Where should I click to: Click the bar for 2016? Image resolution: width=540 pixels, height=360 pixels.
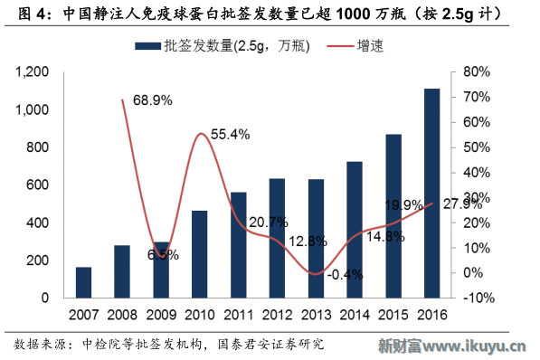pos(432,193)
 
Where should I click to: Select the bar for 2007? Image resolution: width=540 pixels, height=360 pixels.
pos(82,281)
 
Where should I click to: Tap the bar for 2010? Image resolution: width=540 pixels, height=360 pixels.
pos(199,253)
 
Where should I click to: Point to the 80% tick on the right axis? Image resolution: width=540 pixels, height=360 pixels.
pos(476,71)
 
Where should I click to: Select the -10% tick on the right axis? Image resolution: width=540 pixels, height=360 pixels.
pos(476,298)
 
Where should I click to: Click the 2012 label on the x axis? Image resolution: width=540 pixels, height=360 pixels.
pos(277,315)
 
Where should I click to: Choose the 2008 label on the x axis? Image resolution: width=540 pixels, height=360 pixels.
pos(121,315)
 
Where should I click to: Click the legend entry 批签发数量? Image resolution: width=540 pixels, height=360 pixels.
pos(221,45)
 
